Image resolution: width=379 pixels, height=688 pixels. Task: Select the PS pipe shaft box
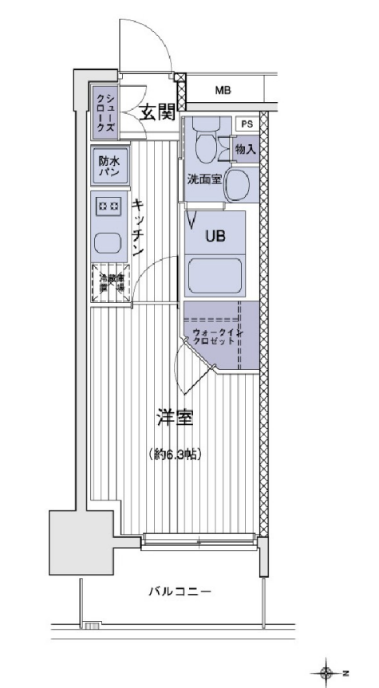247,124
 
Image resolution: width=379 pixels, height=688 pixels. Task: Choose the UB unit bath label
215,236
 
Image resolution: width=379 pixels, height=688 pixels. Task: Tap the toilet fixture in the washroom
206,143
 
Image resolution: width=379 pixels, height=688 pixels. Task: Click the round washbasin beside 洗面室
237,186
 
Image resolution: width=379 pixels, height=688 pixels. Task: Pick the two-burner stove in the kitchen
109,206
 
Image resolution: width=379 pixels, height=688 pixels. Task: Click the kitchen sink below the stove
107,242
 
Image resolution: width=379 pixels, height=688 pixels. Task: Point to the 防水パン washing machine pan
108,166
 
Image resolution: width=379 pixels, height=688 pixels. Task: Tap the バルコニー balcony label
179,592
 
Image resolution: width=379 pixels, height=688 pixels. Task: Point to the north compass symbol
326,673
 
